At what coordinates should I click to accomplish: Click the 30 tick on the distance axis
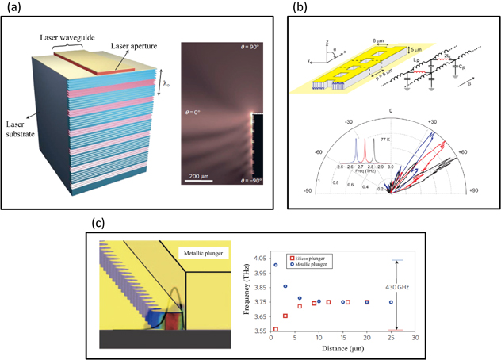414,339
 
